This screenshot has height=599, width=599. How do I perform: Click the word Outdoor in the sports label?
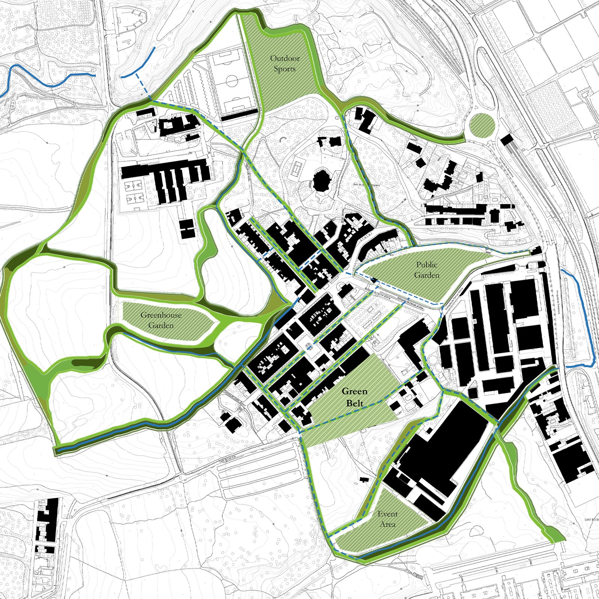285,58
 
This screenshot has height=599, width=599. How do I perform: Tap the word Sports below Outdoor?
285,69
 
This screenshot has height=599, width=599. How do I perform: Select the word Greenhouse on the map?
161,315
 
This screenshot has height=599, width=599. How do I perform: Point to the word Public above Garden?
426,265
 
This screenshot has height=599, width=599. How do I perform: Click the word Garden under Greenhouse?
161,326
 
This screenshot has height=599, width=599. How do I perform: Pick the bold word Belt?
355,403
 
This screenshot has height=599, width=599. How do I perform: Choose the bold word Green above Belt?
355,392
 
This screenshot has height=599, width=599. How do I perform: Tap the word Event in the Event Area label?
387,514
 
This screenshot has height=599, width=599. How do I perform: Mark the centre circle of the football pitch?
232,80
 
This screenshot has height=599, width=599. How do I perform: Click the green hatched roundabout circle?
481,125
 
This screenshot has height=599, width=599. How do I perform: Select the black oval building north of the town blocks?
321,180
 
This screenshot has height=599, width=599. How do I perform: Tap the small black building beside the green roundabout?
507,140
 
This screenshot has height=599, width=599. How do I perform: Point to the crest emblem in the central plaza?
309,346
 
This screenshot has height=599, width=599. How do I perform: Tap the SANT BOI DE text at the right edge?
592,519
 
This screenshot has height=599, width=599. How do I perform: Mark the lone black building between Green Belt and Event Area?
364,480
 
